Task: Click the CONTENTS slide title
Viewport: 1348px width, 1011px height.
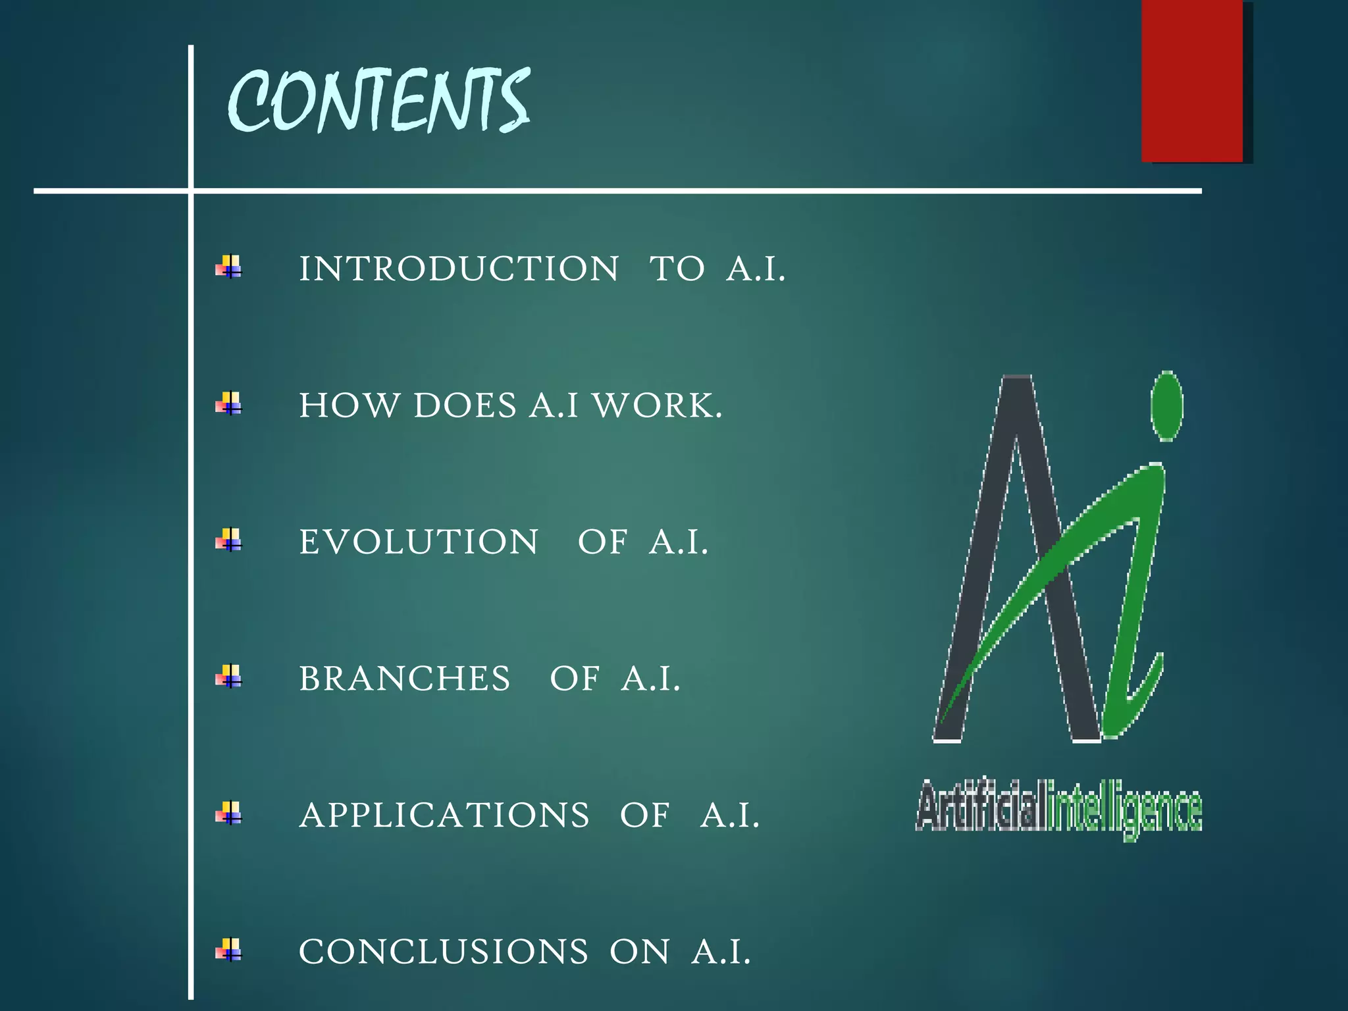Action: pos(378,100)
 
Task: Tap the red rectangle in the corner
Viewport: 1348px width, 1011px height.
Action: pos(1192,80)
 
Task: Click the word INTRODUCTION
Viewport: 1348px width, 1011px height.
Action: pos(459,269)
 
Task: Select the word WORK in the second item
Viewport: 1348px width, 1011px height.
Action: pos(658,405)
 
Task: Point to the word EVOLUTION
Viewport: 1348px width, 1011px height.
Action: pos(419,542)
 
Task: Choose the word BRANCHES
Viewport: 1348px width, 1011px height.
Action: pos(404,679)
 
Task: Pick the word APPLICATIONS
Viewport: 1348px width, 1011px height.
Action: pos(444,816)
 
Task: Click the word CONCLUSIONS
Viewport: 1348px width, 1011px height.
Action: pos(444,952)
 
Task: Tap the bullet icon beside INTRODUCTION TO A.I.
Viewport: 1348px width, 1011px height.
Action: pos(229,267)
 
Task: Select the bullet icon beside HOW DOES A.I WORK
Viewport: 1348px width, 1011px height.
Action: pos(229,403)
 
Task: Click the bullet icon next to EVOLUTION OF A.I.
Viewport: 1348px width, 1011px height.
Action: pos(229,540)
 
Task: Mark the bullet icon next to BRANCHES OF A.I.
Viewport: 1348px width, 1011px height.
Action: pos(229,677)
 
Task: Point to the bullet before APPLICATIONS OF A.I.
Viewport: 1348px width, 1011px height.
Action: pos(229,814)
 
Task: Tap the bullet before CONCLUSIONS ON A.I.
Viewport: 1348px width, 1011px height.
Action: pos(229,950)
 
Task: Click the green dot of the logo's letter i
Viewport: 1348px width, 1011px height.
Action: pos(1167,405)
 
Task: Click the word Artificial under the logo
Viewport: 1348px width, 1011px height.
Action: pos(981,806)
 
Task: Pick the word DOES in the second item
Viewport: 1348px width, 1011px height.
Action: pos(465,405)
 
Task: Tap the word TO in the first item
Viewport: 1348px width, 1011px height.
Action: pos(677,269)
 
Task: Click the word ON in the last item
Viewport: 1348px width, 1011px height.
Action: pos(639,952)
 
